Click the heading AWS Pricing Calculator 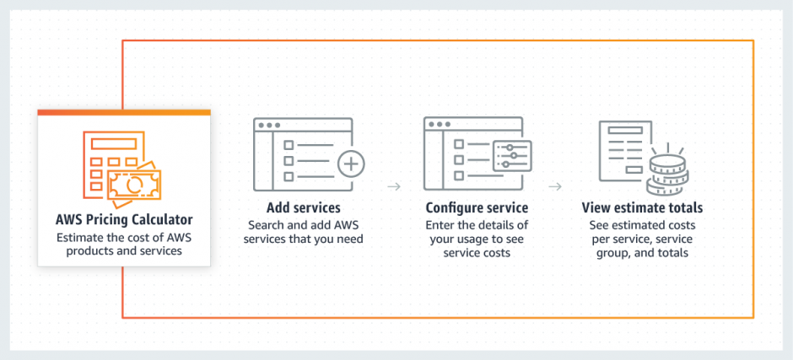pyautogui.click(x=124, y=221)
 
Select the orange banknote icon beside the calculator pyautogui.click(x=134, y=182)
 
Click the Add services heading pyautogui.click(x=303, y=207)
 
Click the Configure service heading pyautogui.click(x=477, y=207)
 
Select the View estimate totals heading pyautogui.click(x=642, y=207)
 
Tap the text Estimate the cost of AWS pyautogui.click(x=124, y=237)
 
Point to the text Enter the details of pyautogui.click(x=477, y=225)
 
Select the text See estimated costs pyautogui.click(x=642, y=225)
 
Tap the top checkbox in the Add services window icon pyautogui.click(x=289, y=142)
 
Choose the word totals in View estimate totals pyautogui.click(x=683, y=207)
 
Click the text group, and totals pyautogui.click(x=642, y=252)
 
